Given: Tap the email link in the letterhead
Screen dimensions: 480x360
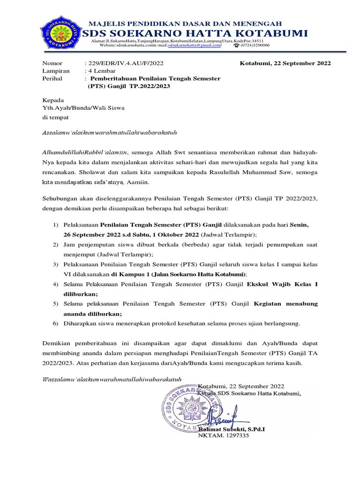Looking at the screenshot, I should click(194, 46).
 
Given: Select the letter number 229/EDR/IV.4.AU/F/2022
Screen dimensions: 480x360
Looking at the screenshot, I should click(124, 63).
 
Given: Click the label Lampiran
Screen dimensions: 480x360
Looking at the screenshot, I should click(56, 71).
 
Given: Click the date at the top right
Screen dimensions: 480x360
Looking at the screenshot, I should click(285, 63).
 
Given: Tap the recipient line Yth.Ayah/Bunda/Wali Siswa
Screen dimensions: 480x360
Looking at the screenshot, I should click(83, 108).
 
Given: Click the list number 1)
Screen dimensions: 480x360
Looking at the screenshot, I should click(55, 225).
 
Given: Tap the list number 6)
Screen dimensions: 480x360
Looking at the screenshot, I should click(55, 323).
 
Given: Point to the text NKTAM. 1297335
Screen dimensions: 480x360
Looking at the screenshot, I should click(224, 435).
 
